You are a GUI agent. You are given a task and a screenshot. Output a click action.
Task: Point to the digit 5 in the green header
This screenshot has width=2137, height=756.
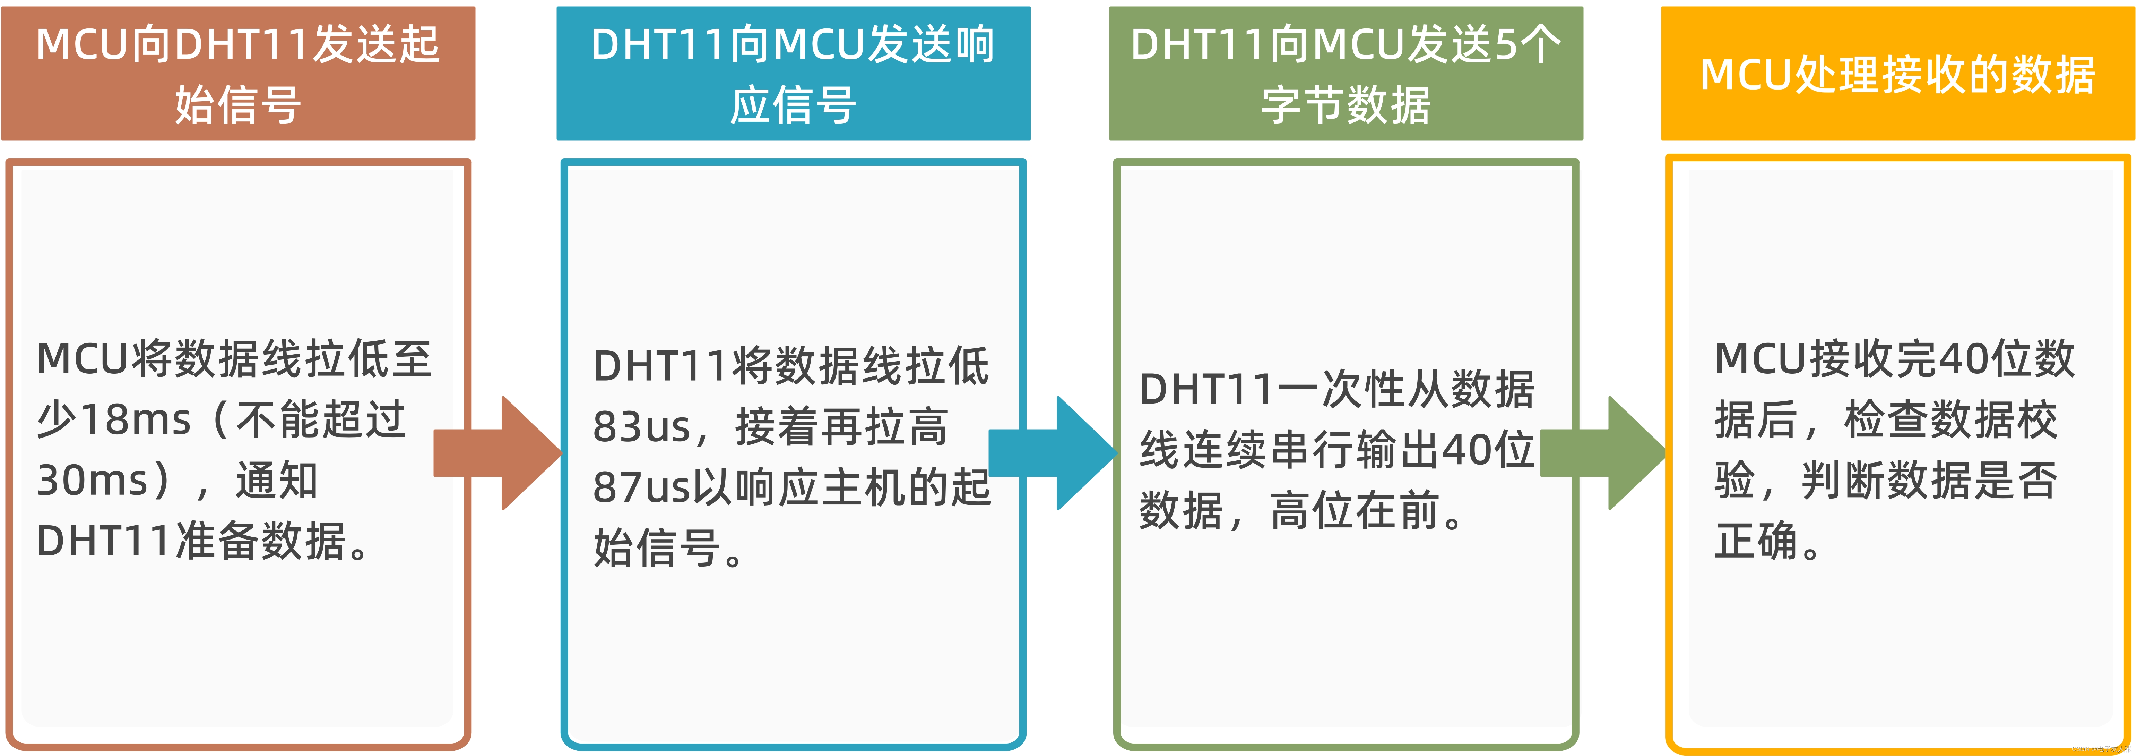1506,45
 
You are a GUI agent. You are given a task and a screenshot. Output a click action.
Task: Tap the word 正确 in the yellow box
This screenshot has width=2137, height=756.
1756,541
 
